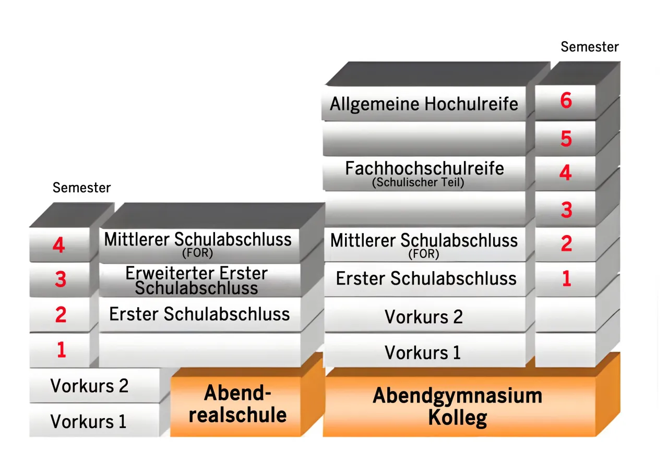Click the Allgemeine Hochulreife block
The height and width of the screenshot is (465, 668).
pyautogui.click(x=424, y=104)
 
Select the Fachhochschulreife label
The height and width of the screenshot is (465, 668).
pyautogui.click(x=424, y=168)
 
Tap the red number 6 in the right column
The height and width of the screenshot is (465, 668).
pyautogui.click(x=566, y=101)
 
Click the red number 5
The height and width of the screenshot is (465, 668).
pyautogui.click(x=566, y=139)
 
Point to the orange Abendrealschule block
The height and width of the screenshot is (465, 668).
pyautogui.click(x=238, y=404)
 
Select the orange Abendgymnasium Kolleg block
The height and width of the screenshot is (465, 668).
pyautogui.click(x=458, y=406)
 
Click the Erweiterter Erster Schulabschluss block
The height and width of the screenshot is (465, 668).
pyautogui.click(x=197, y=280)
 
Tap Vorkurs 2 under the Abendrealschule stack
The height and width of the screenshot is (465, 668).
pyautogui.click(x=89, y=386)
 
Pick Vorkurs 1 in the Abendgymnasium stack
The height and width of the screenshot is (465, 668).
pyautogui.click(x=423, y=352)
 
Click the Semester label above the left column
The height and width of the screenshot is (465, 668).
pyautogui.click(x=82, y=188)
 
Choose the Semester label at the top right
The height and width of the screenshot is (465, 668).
pyautogui.click(x=590, y=47)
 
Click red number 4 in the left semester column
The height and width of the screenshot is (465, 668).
pyautogui.click(x=59, y=245)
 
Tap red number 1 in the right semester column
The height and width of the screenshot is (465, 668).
pyautogui.click(x=566, y=279)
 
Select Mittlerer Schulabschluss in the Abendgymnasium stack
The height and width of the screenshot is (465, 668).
pyautogui.click(x=424, y=241)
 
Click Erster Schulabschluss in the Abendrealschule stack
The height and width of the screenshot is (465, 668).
pyautogui.click(x=199, y=314)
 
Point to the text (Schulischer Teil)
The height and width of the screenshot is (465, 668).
pyautogui.click(x=418, y=183)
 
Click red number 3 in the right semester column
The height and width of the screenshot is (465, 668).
pyautogui.click(x=566, y=210)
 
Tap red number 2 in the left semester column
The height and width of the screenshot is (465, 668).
pyautogui.click(x=61, y=315)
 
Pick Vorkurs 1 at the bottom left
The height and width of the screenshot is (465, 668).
pyautogui.click(x=88, y=421)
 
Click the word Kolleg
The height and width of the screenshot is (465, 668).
pyautogui.click(x=458, y=418)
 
